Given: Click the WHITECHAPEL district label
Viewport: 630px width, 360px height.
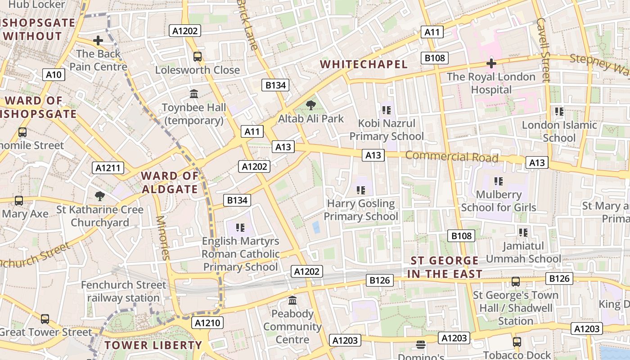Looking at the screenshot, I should [364, 64].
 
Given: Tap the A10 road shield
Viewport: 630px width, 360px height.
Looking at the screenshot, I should [54, 75].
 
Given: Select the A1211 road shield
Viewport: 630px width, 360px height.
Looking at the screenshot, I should [108, 168].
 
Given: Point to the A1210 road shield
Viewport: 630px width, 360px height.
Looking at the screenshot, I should [207, 323].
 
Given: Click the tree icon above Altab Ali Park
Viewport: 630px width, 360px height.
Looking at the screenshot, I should [310, 105].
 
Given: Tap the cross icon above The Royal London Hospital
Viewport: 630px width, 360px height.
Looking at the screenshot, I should [491, 63].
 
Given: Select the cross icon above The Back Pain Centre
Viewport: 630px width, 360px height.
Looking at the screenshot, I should [98, 41].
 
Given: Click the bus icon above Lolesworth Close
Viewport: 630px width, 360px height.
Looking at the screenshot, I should [197, 57].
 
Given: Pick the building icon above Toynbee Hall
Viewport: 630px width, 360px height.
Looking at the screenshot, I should [194, 94].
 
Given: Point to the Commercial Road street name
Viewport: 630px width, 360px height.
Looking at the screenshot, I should [452, 157].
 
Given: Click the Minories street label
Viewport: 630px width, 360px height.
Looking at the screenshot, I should [162, 238].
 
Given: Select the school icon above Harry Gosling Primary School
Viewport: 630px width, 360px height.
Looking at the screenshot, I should [360, 190].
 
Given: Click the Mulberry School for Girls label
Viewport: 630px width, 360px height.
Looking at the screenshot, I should [499, 201].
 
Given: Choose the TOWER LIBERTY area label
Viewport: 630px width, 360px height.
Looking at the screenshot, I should [153, 346].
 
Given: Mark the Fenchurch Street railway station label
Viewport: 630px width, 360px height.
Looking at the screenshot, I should [123, 292].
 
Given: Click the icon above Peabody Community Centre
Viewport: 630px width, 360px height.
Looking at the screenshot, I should [292, 300].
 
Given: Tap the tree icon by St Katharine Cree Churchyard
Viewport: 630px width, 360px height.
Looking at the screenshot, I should [100, 196].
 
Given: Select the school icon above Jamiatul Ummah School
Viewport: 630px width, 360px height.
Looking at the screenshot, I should [523, 233].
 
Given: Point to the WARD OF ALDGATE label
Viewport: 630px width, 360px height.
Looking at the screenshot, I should [170, 182].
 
